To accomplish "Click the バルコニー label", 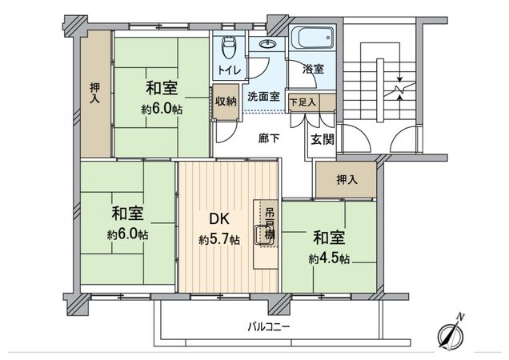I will pyautogui.click(x=268, y=327).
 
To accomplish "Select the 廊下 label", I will pyautogui.click(x=269, y=137).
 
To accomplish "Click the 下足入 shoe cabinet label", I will pyautogui.click(x=303, y=102).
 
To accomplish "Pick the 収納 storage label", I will pyautogui.click(x=225, y=100).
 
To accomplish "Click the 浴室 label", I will pyautogui.click(x=313, y=70).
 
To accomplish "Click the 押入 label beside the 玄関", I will pyautogui.click(x=347, y=179).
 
